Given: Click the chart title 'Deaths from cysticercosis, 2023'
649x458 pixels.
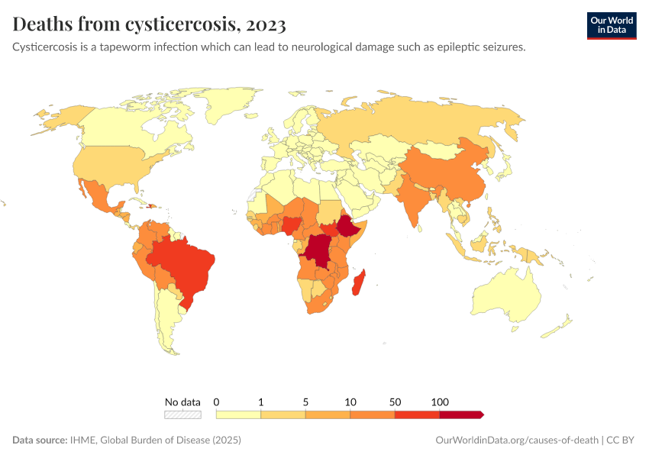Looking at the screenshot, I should point(150,24).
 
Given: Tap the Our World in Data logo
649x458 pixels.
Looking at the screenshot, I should point(611,25).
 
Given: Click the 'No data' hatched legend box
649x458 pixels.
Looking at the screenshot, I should point(183,414).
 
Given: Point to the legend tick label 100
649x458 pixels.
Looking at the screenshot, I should point(440,402).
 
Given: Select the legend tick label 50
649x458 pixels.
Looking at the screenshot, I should point(395,402).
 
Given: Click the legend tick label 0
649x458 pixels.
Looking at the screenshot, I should point(217,402).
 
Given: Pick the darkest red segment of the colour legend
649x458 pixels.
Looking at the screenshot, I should point(460,414).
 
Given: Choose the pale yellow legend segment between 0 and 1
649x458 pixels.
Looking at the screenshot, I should point(238,414).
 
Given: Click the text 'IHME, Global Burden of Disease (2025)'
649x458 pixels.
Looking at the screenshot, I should point(156,440).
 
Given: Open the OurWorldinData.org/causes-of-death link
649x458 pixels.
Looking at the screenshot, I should point(516,440).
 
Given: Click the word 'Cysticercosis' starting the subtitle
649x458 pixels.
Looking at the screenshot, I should point(47,47).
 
